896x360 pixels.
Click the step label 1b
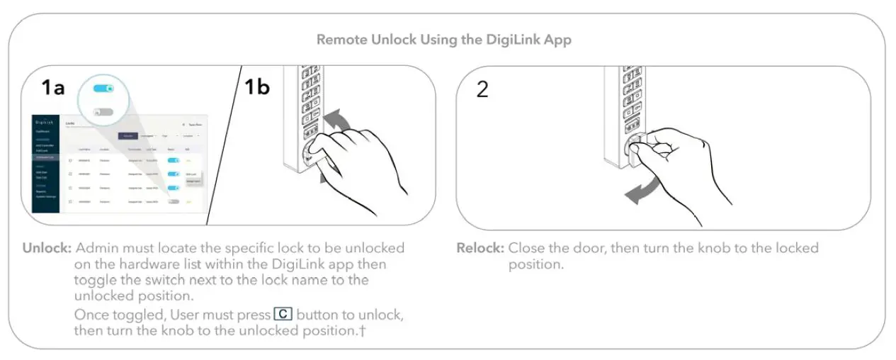(256, 87)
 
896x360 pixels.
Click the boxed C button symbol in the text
(283, 314)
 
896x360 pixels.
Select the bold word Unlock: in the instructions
(47, 249)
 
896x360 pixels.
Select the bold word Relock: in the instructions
(480, 249)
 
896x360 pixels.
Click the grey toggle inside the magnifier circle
(103, 111)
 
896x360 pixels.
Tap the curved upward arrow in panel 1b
(341, 118)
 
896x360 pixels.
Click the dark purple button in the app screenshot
(127, 135)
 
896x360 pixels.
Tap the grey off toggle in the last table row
(174, 201)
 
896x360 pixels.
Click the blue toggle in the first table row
(174, 160)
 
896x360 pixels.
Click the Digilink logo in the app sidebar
(46, 122)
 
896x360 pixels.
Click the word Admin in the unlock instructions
(96, 249)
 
